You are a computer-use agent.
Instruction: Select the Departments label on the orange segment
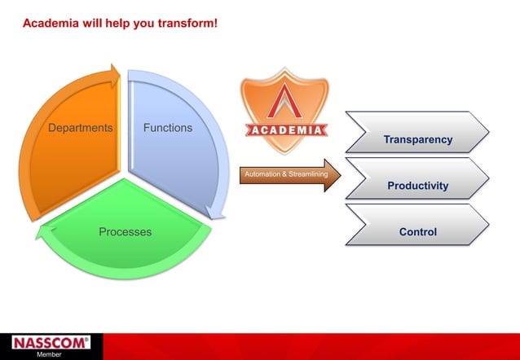[x=80, y=128]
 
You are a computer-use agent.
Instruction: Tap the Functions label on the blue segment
[x=168, y=128]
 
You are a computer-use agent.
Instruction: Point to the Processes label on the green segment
[x=125, y=232]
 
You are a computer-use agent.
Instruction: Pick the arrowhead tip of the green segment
[x=38, y=235]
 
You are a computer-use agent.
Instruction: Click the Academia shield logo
[x=284, y=110]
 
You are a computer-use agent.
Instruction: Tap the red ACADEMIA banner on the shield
[x=284, y=130]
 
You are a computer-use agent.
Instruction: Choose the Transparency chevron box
[x=417, y=133]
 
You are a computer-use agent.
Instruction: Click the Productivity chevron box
[x=417, y=179]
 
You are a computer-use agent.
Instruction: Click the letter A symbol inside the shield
[x=284, y=102]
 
